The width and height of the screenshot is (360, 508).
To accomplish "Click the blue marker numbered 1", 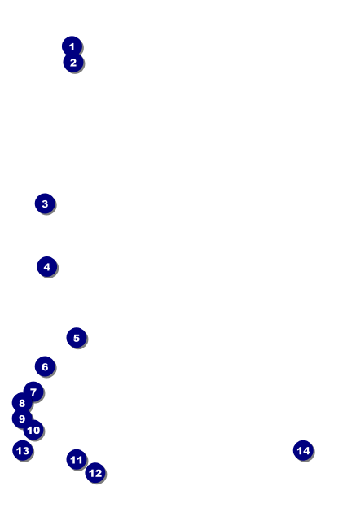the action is click(x=72, y=46).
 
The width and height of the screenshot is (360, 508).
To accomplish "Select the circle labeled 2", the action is click(x=73, y=62).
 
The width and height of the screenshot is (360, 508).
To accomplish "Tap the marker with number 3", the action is click(x=45, y=204).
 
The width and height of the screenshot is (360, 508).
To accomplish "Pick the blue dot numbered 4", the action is click(x=47, y=267).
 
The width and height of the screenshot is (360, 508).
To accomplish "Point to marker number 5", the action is click(x=77, y=338).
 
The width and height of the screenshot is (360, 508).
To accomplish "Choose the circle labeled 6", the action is click(x=45, y=366).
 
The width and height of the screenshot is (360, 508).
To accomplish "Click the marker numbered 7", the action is click(x=33, y=392).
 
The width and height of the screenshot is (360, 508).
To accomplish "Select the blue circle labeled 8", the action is click(x=22, y=403).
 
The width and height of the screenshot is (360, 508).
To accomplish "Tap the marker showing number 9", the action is click(x=22, y=418).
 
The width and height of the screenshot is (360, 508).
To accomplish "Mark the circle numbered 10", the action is click(x=33, y=430).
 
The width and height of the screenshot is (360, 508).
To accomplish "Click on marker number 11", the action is click(x=77, y=460).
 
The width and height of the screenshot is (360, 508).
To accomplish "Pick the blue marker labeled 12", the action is click(x=95, y=473).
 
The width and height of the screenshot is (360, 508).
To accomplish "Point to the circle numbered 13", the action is click(x=23, y=451).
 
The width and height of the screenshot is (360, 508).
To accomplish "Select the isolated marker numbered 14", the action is click(x=303, y=451).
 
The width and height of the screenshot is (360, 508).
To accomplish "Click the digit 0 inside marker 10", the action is click(x=37, y=430).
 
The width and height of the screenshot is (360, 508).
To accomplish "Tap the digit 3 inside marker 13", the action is click(x=25, y=451).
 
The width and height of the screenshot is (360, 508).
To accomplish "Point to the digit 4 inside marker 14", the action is click(x=306, y=451).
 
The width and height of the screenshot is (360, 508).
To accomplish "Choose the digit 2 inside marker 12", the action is click(x=99, y=473).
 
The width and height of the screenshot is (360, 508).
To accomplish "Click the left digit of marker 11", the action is click(x=73, y=460).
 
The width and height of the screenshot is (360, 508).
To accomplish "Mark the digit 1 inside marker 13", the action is click(x=19, y=451).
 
